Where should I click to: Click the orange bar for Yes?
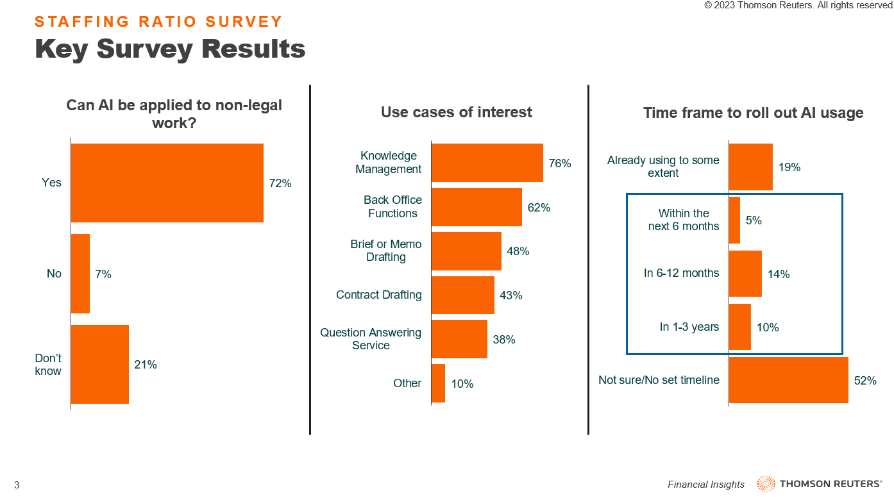point(167,183)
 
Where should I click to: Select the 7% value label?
point(103,274)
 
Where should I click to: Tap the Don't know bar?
point(100,364)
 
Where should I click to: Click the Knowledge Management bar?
point(487,163)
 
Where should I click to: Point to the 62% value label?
point(539,207)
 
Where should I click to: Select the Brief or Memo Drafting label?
point(386,251)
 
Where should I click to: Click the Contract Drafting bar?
point(463,295)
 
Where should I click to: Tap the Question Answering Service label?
point(371,339)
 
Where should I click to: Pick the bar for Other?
point(438,383)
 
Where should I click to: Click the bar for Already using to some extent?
point(751,167)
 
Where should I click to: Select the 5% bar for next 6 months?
point(734,220)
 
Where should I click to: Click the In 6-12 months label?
point(681,273)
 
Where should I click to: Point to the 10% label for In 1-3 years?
point(768,328)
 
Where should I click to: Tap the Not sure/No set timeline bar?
point(789,380)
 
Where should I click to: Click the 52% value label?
point(865,380)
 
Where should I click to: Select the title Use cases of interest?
point(457,112)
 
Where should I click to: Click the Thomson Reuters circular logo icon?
point(766,484)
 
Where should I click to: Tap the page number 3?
point(17,485)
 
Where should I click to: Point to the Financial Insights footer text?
point(706,485)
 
